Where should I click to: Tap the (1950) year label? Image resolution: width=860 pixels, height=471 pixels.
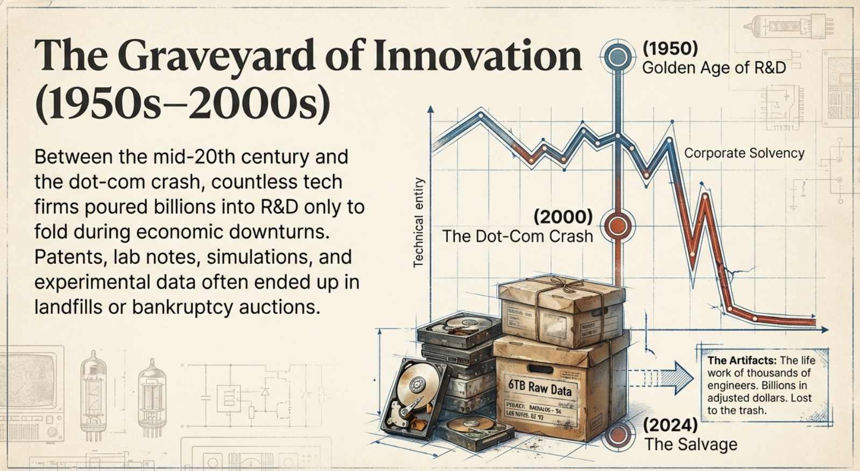670,48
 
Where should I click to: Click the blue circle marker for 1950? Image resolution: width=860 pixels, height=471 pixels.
617,57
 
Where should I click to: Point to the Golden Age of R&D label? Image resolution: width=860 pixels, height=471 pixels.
714,68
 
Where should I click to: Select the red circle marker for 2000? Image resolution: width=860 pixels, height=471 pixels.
617,226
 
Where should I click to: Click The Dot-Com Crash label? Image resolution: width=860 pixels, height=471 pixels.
517,236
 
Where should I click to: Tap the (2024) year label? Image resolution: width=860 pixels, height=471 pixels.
671,425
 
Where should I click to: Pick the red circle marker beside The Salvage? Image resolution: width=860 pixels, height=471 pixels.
617,434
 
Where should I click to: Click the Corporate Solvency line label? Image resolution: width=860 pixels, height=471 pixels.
744,153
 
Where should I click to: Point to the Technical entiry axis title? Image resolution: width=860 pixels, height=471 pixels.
419,222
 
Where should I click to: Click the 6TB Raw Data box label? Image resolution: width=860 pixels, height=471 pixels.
540,386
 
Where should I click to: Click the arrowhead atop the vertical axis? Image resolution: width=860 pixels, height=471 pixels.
431,109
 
